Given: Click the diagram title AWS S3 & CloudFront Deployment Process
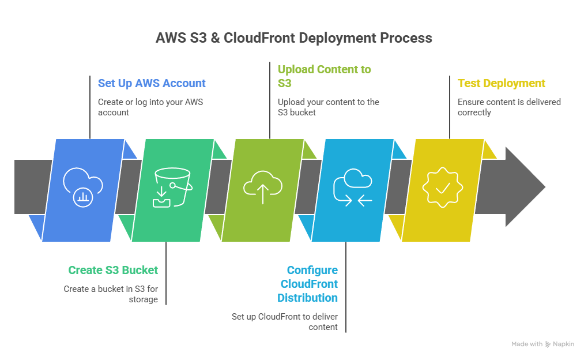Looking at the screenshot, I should pos(294,38).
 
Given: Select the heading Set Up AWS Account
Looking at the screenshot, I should pos(152,83).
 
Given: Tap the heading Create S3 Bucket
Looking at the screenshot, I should pos(113,270).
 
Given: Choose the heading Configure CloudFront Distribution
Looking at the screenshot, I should pos(308,284).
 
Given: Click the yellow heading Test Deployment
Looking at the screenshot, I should pos(501,83).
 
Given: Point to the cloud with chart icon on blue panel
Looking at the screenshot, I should pos(83,186).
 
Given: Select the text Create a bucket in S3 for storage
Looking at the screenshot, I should pos(111,294).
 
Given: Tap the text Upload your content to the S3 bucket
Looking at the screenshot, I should pos(328,107).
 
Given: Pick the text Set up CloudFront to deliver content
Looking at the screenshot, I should pos(285,321).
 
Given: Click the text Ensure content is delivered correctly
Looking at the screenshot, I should pos(509,107).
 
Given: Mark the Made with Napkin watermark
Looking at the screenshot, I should pos(542,344).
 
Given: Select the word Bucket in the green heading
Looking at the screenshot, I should pos(141,270).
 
